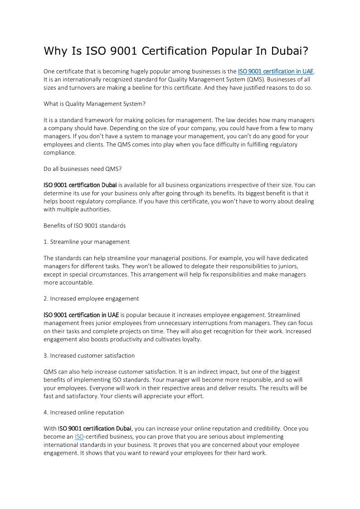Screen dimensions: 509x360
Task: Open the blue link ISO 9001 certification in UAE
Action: pyautogui.click(x=276, y=71)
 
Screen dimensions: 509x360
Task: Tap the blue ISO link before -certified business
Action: pyautogui.click(x=79, y=436)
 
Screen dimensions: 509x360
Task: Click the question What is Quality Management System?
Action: pyautogui.click(x=94, y=104)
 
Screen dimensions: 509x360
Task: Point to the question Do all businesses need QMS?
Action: pyautogui.click(x=83, y=169)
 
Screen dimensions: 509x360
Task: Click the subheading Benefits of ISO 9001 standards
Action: pyautogui.click(x=84, y=225)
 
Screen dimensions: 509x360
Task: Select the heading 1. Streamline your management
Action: pyautogui.click(x=87, y=242)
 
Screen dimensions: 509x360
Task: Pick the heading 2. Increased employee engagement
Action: pyautogui.click(x=91, y=298)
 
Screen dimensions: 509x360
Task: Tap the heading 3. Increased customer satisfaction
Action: pyautogui.click(x=89, y=355)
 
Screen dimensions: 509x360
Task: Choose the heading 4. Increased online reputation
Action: pyautogui.click(x=84, y=412)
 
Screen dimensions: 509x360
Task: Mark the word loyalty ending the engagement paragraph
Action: pyautogui.click(x=190, y=339)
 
